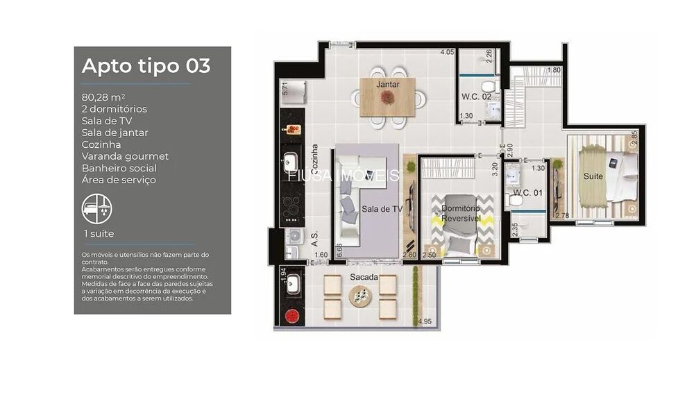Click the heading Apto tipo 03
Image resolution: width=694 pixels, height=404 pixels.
click(146, 66)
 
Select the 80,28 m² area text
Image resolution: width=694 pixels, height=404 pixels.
click(103, 97)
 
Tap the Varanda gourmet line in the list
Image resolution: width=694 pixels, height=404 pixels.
click(125, 156)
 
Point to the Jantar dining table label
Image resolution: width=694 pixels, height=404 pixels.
click(387, 84)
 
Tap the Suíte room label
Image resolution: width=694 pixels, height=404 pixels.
click(593, 176)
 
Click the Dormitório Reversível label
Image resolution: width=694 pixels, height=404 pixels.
click(460, 213)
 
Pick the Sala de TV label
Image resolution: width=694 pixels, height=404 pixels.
click(381, 208)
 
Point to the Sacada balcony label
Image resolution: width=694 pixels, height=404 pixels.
click(364, 278)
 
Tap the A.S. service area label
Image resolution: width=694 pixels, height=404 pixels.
click(314, 238)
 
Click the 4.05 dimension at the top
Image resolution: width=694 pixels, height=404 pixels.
click(447, 52)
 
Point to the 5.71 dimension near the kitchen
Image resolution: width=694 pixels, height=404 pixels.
click(284, 87)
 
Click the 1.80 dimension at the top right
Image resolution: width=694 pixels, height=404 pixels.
click(553, 71)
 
